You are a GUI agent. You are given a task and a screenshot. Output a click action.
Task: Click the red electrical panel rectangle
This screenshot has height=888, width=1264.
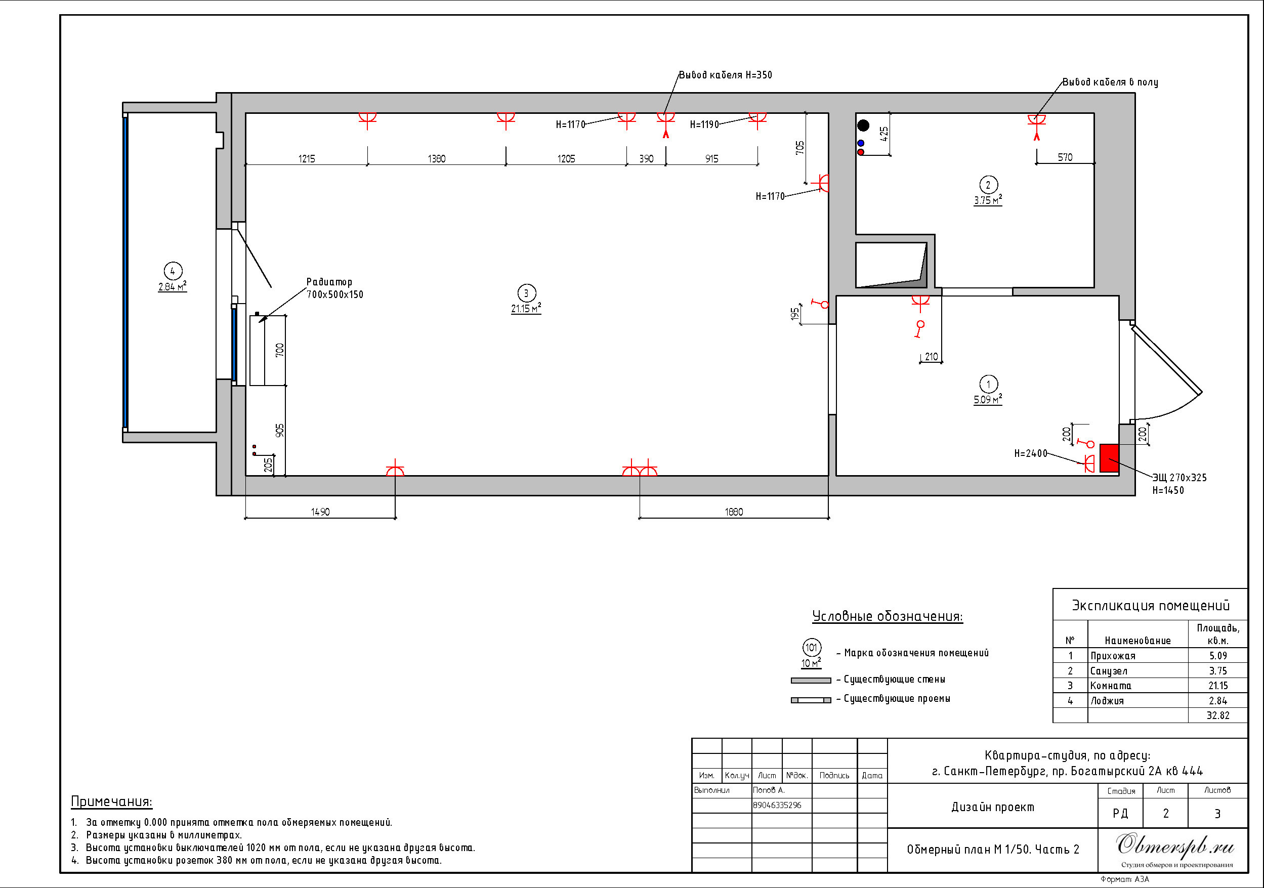(1109, 457)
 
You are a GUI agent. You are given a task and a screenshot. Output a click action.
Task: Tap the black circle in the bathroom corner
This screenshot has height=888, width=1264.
(863, 125)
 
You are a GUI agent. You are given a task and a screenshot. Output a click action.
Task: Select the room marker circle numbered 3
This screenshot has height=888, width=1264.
(526, 293)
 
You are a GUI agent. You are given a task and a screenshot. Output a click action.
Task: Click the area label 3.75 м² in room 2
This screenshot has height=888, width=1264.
(988, 200)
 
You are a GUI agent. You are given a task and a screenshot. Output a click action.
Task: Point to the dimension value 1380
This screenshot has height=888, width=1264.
(437, 158)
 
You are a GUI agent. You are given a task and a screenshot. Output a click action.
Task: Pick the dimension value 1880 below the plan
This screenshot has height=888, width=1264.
(734, 512)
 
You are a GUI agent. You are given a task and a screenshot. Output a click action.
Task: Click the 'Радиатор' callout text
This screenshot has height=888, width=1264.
(329, 282)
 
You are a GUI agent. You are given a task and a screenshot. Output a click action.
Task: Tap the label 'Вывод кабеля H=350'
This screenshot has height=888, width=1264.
(725, 75)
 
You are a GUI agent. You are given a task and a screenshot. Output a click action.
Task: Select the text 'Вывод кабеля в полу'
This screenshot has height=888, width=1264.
(1110, 82)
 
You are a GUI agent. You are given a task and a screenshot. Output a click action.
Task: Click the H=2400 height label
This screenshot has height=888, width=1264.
(1031, 453)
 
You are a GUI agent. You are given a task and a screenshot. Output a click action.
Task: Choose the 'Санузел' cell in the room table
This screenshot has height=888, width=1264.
(1108, 670)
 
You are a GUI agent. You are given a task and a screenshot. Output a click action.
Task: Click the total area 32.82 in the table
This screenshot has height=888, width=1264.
(1218, 715)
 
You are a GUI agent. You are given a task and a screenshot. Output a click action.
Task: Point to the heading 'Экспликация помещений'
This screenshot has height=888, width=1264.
(1151, 606)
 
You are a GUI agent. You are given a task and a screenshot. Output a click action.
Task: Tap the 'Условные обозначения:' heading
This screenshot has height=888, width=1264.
(888, 616)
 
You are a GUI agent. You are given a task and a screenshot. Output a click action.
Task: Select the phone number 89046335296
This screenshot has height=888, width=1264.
(777, 805)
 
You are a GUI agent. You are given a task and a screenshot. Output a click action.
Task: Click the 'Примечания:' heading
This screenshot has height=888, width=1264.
(112, 801)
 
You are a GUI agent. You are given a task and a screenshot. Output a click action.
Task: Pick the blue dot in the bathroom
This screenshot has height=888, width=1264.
(861, 143)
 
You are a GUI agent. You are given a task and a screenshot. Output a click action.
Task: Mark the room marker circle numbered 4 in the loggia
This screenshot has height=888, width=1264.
(173, 271)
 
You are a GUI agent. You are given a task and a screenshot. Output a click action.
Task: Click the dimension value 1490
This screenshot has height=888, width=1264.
(320, 512)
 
